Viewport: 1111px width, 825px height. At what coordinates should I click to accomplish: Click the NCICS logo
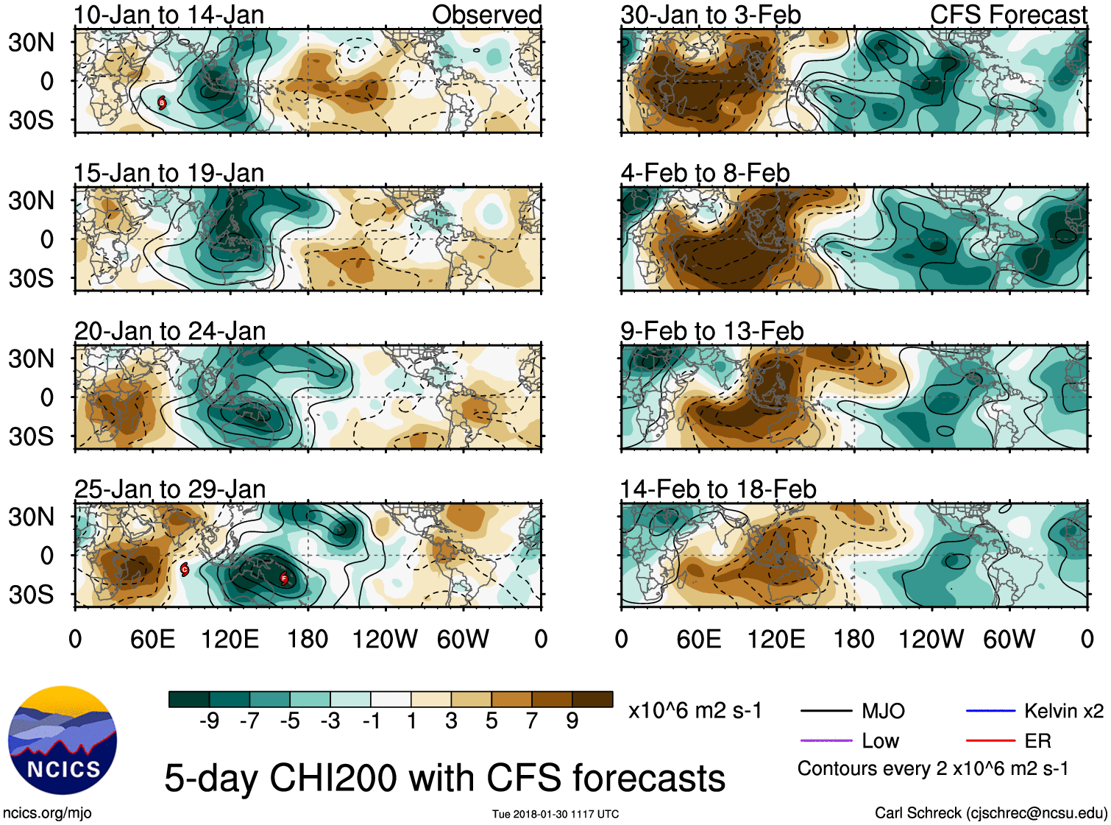pyautogui.click(x=63, y=740)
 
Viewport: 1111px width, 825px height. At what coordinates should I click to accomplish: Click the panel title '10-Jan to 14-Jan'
pyautogui.click(x=168, y=15)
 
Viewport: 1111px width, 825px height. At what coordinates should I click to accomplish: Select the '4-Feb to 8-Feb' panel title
pyautogui.click(x=705, y=173)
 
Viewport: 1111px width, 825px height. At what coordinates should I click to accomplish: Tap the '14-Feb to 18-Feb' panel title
pyautogui.click(x=718, y=489)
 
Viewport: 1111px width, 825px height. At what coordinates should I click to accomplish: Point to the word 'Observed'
pyautogui.click(x=486, y=15)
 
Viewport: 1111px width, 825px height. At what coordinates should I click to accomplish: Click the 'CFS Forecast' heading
pyautogui.click(x=1008, y=15)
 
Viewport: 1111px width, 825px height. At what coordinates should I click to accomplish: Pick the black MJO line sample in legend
pyautogui.click(x=826, y=711)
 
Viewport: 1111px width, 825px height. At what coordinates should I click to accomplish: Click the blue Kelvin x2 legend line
pyautogui.click(x=990, y=711)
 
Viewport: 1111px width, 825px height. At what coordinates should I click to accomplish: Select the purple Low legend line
pyautogui.click(x=826, y=740)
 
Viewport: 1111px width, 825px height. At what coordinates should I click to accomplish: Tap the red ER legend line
pyautogui.click(x=990, y=740)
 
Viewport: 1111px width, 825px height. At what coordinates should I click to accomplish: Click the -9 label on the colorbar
pyautogui.click(x=209, y=721)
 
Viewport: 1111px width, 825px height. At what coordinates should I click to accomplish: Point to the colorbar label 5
pyautogui.click(x=491, y=721)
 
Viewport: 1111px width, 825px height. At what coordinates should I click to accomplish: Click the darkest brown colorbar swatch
pyautogui.click(x=592, y=699)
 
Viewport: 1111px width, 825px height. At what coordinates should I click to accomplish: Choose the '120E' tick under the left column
pyautogui.click(x=230, y=639)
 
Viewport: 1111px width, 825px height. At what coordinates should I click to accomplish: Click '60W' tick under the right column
pyautogui.click(x=1009, y=639)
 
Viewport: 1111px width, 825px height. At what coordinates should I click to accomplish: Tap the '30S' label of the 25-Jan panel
pyautogui.click(x=31, y=595)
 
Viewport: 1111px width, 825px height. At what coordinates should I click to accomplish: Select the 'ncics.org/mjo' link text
pyautogui.click(x=47, y=812)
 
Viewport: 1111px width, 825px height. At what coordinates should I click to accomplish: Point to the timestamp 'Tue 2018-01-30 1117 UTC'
pyautogui.click(x=555, y=814)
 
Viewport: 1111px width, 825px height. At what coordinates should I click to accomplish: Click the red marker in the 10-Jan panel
pyautogui.click(x=162, y=102)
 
